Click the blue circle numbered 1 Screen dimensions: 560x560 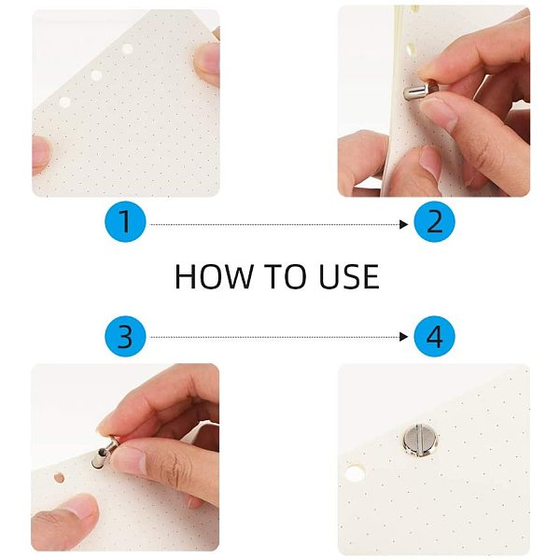(125, 221)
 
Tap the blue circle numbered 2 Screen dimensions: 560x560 (434, 221)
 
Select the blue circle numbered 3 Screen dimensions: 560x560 (125, 336)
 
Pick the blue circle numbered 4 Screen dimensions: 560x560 (434, 336)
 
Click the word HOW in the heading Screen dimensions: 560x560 (214, 276)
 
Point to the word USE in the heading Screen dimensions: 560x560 (348, 276)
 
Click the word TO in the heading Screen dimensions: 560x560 (286, 276)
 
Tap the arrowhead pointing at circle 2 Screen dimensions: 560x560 (403, 225)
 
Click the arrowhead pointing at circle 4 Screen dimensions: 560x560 (403, 337)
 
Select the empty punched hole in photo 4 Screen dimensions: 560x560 (355, 472)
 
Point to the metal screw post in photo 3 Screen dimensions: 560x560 (105, 451)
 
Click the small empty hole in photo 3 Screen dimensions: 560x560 (60, 477)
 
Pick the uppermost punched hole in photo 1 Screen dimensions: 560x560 (127, 49)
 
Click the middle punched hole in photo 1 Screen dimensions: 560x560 (96, 76)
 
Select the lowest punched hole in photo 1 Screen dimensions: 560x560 (64, 103)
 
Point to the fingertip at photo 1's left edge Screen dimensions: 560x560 (40, 155)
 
